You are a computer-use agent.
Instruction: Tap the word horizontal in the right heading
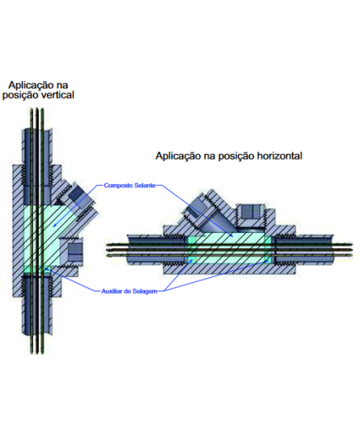point(276,155)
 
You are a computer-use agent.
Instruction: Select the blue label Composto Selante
point(130,185)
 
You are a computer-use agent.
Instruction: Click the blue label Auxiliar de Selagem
point(129,291)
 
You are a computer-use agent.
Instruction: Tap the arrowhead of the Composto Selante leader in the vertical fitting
point(55,226)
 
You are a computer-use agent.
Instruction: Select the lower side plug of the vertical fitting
point(74,251)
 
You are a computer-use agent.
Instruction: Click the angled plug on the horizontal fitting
point(196,208)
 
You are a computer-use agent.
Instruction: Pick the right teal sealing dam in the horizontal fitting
point(268,250)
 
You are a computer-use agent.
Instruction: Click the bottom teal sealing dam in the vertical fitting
point(36,270)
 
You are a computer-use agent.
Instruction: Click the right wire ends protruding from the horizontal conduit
point(343,250)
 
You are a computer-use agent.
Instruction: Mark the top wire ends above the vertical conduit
point(37,118)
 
